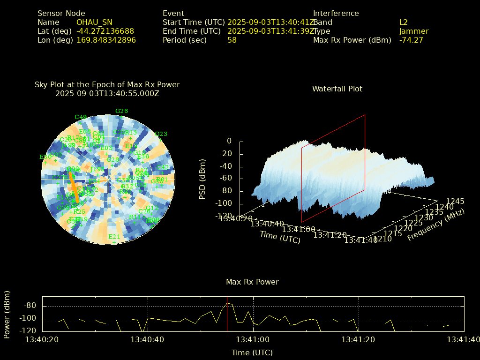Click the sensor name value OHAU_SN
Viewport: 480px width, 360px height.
click(x=94, y=22)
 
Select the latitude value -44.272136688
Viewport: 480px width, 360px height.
click(x=105, y=31)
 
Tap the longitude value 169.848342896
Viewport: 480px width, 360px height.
click(x=106, y=40)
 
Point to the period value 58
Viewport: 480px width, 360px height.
click(x=232, y=40)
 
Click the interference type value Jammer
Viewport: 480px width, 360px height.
click(x=414, y=31)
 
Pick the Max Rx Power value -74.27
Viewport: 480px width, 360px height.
click(x=411, y=40)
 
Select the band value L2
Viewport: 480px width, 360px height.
click(x=404, y=22)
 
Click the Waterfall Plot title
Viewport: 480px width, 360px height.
click(x=337, y=89)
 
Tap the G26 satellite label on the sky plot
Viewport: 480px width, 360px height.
click(x=121, y=111)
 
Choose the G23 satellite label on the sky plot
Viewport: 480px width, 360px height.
click(x=161, y=134)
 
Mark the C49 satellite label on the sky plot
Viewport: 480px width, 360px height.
click(x=81, y=117)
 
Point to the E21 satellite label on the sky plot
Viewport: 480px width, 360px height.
click(x=114, y=237)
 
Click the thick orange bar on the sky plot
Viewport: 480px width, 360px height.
click(x=74, y=187)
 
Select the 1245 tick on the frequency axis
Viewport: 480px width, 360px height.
click(x=455, y=201)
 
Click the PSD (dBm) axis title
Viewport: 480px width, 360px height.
click(x=202, y=178)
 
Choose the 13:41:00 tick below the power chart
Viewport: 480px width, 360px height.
click(x=253, y=339)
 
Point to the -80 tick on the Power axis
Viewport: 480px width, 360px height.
click(x=30, y=306)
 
